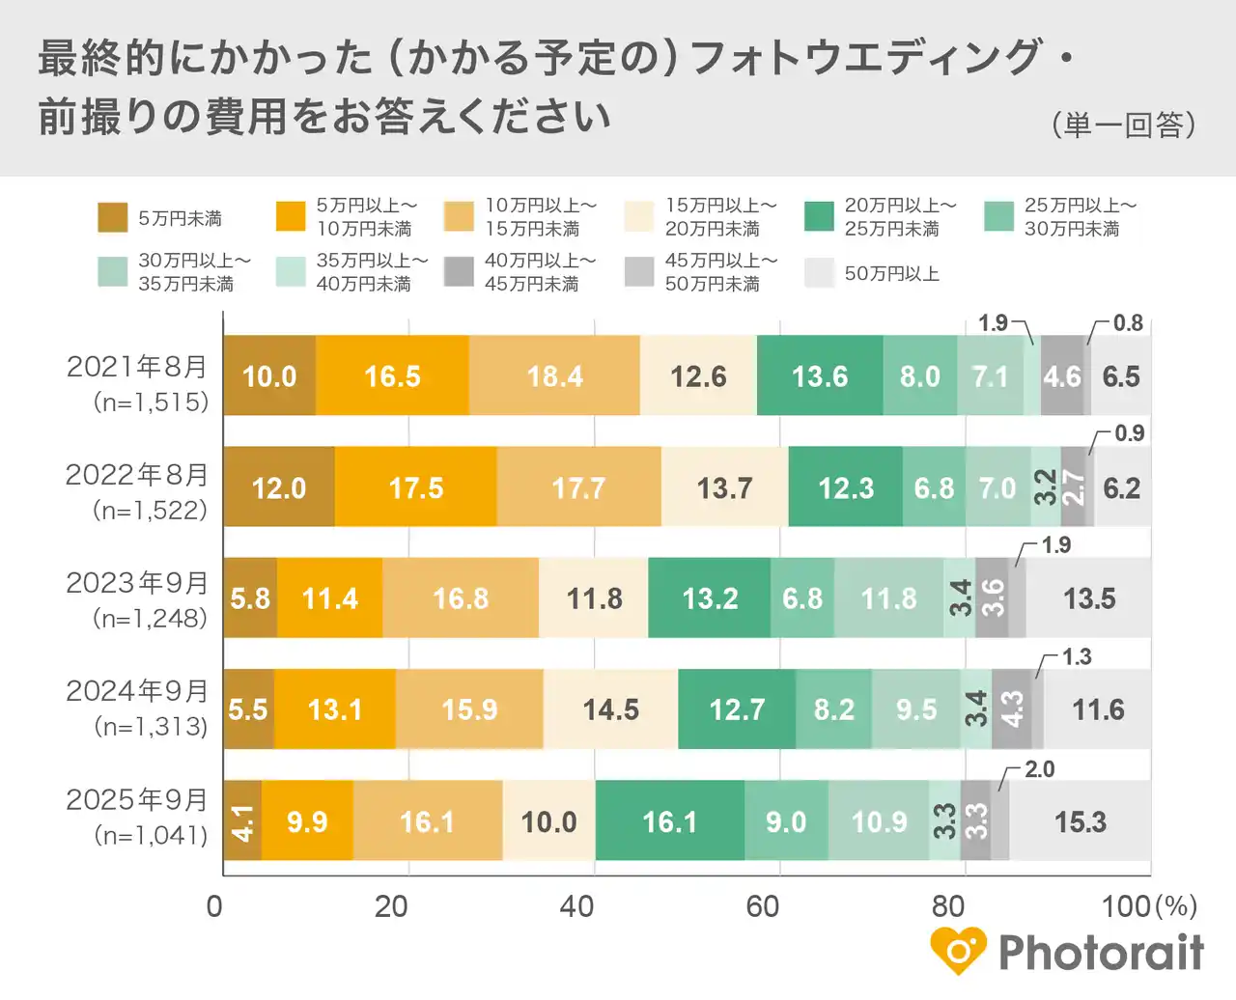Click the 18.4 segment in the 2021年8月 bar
click(554, 375)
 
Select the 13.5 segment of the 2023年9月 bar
click(1088, 598)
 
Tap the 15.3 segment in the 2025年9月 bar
click(1080, 821)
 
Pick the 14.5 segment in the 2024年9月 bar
click(610, 709)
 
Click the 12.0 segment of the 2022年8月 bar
click(279, 487)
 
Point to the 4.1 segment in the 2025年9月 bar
click(242, 821)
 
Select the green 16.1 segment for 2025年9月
click(669, 821)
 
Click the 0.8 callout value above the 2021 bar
click(1127, 323)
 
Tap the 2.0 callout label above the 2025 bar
click(1039, 769)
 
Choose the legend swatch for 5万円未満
click(113, 218)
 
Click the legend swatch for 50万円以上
click(819, 273)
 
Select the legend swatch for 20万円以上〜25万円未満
click(819, 217)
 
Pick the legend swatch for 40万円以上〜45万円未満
click(459, 272)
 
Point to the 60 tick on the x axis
click(763, 906)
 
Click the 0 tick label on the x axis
click(214, 906)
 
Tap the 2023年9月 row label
click(137, 583)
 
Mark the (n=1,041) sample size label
click(151, 835)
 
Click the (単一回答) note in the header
click(1123, 125)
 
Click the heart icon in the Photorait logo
click(958, 951)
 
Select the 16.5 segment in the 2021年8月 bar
click(392, 375)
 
